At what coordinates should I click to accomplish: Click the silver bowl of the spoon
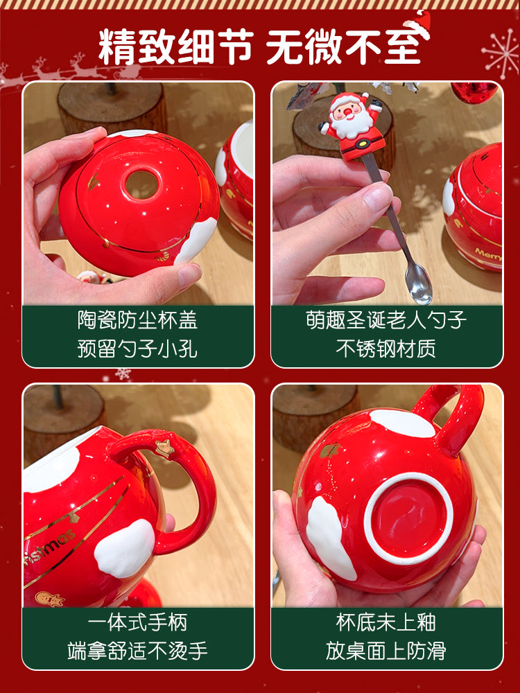pos(418,283)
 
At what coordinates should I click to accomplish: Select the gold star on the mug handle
pos(164,448)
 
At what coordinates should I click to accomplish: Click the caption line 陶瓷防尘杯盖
pos(137,320)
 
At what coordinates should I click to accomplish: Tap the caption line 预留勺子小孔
pos(137,349)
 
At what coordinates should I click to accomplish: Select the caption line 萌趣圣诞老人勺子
pos(386,320)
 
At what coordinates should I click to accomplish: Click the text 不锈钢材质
pos(386,349)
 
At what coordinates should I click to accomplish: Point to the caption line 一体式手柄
pos(137,622)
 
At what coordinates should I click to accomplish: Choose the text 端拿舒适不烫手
pos(137,651)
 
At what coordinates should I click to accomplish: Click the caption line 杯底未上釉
pos(386,622)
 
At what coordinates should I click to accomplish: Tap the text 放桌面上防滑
pos(386,651)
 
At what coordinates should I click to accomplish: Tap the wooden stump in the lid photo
pos(112,107)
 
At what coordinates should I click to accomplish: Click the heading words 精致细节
pos(176,47)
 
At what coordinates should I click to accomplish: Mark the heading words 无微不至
pos(344,47)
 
